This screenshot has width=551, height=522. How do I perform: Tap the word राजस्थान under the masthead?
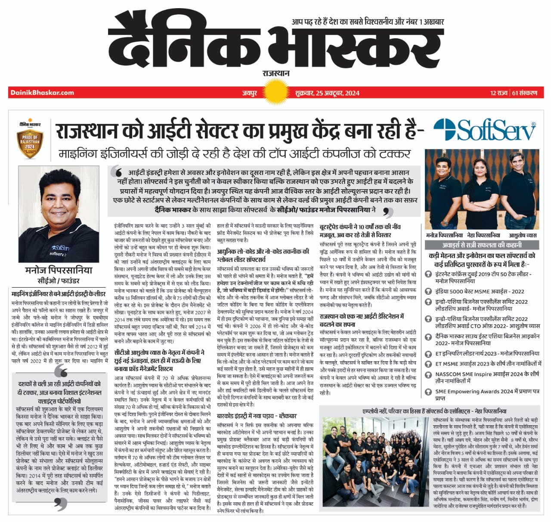pos(276,74)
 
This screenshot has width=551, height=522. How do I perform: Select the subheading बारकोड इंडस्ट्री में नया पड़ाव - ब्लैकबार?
pos(256,416)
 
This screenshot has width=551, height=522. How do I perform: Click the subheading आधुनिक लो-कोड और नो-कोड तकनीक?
pos(263,255)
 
